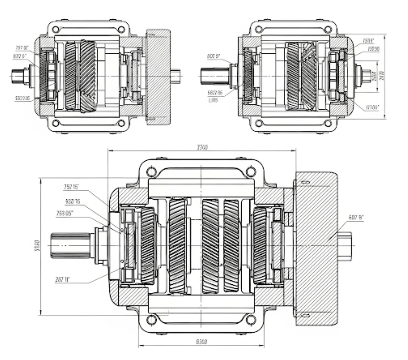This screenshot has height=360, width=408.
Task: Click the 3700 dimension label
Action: click(202, 147)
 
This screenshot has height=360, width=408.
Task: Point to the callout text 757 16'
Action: click(71, 187)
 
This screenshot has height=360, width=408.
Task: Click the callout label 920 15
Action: click(73, 202)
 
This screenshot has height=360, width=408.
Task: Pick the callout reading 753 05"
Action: click(65, 214)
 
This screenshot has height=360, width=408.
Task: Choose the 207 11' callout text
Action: click(62, 280)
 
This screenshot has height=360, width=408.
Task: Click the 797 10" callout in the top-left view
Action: click(22, 48)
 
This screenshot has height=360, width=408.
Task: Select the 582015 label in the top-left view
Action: click(22, 98)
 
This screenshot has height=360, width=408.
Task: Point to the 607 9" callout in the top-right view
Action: click(214, 56)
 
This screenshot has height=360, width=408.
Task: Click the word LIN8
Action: click(213, 100)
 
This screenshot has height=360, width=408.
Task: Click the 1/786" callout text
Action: click(372, 107)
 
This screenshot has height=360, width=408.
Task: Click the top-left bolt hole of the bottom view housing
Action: click(151, 172)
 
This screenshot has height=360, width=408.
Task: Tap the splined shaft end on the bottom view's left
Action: click(70, 246)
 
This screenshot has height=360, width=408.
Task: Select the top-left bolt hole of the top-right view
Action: click(258, 29)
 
